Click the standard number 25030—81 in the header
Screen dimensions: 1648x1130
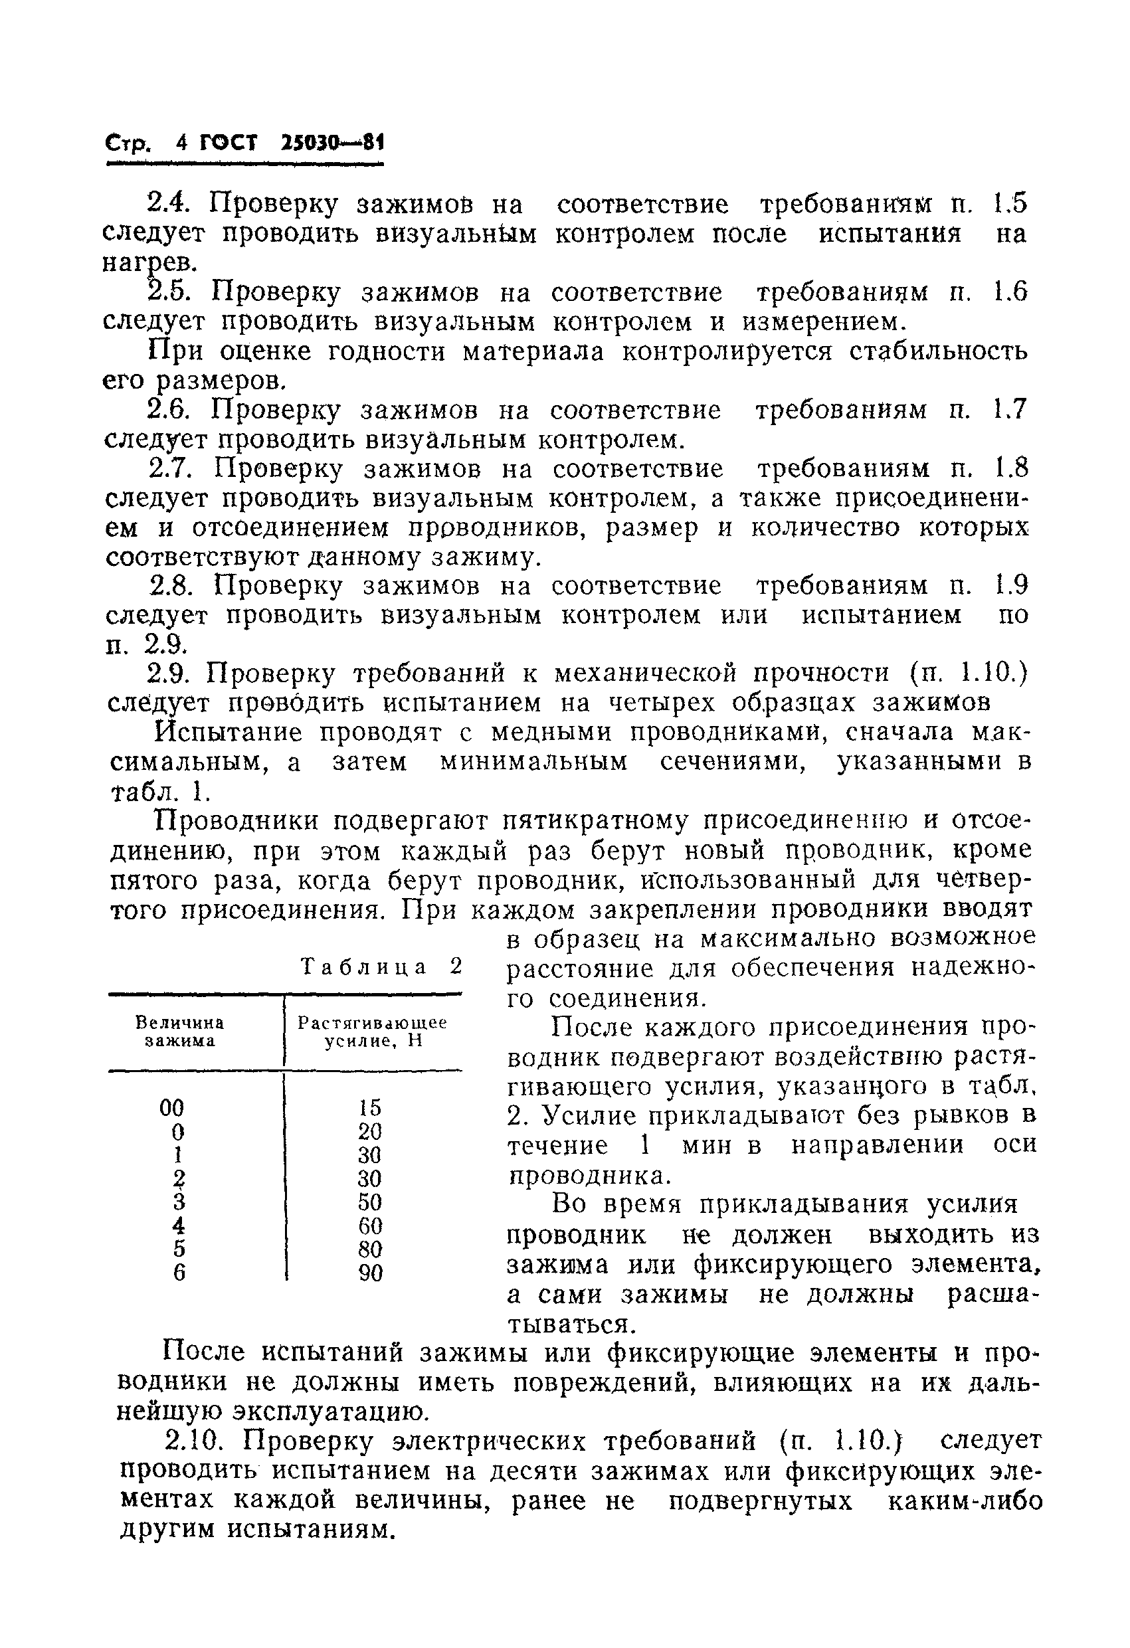tap(331, 145)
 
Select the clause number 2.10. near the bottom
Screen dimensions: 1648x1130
tap(195, 1441)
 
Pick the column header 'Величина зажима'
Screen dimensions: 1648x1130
tap(179, 1032)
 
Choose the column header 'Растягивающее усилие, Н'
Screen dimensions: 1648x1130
tap(373, 1032)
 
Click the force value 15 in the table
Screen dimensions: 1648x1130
tap(370, 1107)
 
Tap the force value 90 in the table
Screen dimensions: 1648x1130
tap(370, 1273)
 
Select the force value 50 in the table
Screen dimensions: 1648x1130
tap(370, 1202)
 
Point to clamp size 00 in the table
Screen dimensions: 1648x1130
tap(171, 1107)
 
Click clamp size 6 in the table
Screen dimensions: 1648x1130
tap(179, 1273)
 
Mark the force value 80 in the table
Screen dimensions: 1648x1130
tap(370, 1249)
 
